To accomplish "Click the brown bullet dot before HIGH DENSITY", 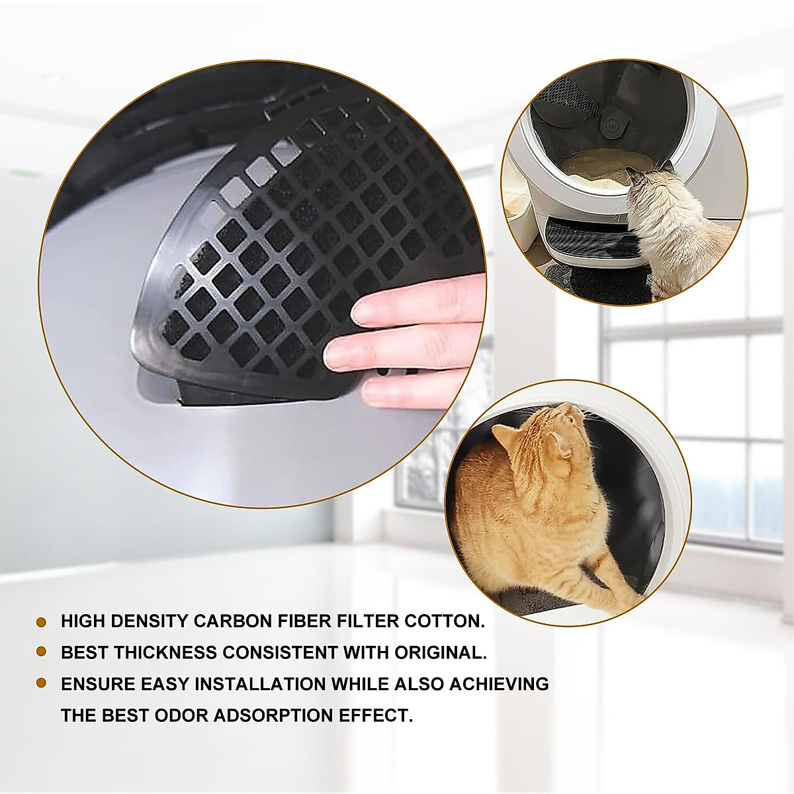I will (41, 622).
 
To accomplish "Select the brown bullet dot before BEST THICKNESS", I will (41, 652).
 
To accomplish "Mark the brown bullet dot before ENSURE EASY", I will (41, 683).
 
